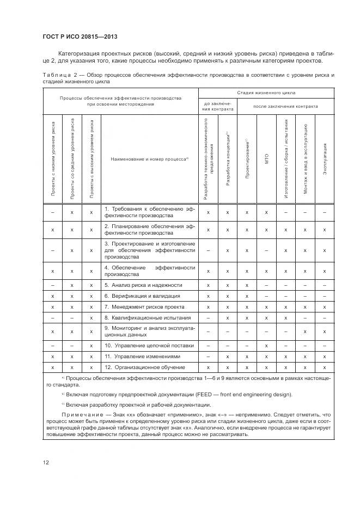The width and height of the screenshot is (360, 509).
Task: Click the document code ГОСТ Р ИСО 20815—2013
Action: pyautogui.click(x=80, y=37)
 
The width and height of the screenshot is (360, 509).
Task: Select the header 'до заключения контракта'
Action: pyautogui.click(x=218, y=106)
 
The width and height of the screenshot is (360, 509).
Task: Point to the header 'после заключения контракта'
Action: pyautogui.click(x=285, y=106)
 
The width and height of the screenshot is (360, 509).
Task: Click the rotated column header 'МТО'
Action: pyautogui.click(x=266, y=160)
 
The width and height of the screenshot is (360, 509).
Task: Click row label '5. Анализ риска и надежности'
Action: pyautogui.click(x=143, y=285)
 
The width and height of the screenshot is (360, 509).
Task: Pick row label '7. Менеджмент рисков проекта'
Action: pyautogui.click(x=144, y=306)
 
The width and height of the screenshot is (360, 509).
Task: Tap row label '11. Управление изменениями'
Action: pyautogui.click(x=141, y=356)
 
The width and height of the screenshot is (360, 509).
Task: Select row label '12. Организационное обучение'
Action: pyautogui.click(x=144, y=367)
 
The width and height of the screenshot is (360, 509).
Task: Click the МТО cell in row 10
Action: pyautogui.click(x=266, y=345)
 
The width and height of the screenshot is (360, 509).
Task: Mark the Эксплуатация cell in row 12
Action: pyautogui.click(x=325, y=367)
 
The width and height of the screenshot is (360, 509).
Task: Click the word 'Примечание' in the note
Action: pyautogui.click(x=78, y=415)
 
